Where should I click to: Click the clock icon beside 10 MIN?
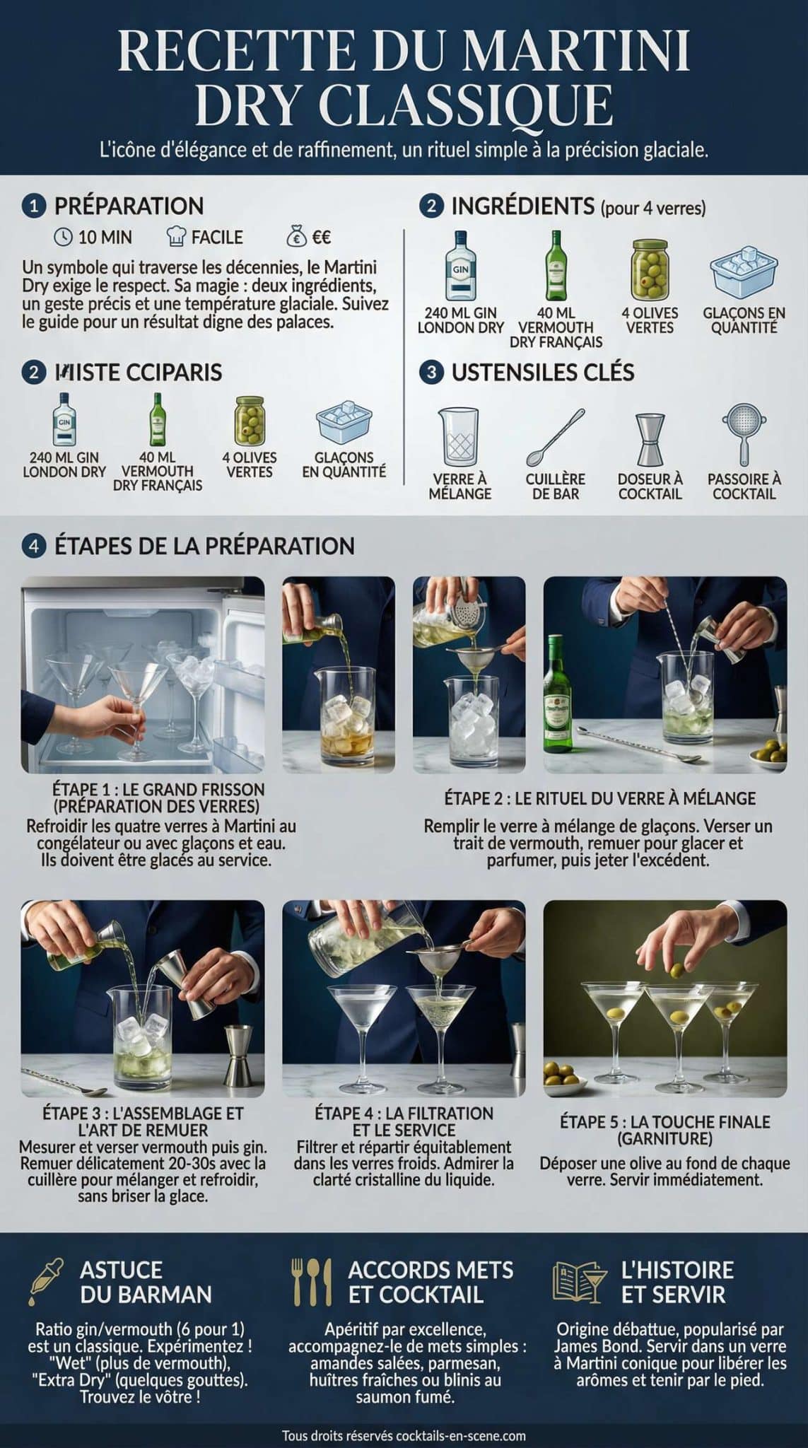[64, 237]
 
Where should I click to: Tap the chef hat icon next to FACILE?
[176, 236]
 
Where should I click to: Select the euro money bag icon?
[297, 236]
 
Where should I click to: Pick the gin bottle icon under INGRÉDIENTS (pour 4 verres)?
[460, 267]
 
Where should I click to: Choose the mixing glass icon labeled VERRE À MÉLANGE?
[459, 436]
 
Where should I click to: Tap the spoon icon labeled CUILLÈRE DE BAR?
[556, 436]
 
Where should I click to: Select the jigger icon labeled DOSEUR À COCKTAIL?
[650, 438]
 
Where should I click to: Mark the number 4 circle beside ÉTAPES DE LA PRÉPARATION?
[33, 546]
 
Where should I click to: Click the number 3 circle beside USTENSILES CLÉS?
[431, 373]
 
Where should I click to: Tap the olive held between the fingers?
[678, 968]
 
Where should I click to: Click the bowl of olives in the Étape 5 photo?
[566, 1075]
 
